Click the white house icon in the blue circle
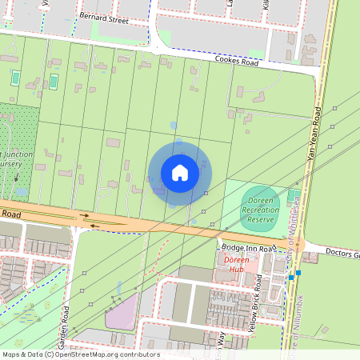tap(180, 173)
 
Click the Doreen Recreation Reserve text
tap(261, 210)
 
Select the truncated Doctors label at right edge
tap(343, 254)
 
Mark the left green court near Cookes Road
tap(16, 78)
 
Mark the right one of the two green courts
tap(54, 81)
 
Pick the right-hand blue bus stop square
tap(298, 272)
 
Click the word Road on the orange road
tap(10, 214)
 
